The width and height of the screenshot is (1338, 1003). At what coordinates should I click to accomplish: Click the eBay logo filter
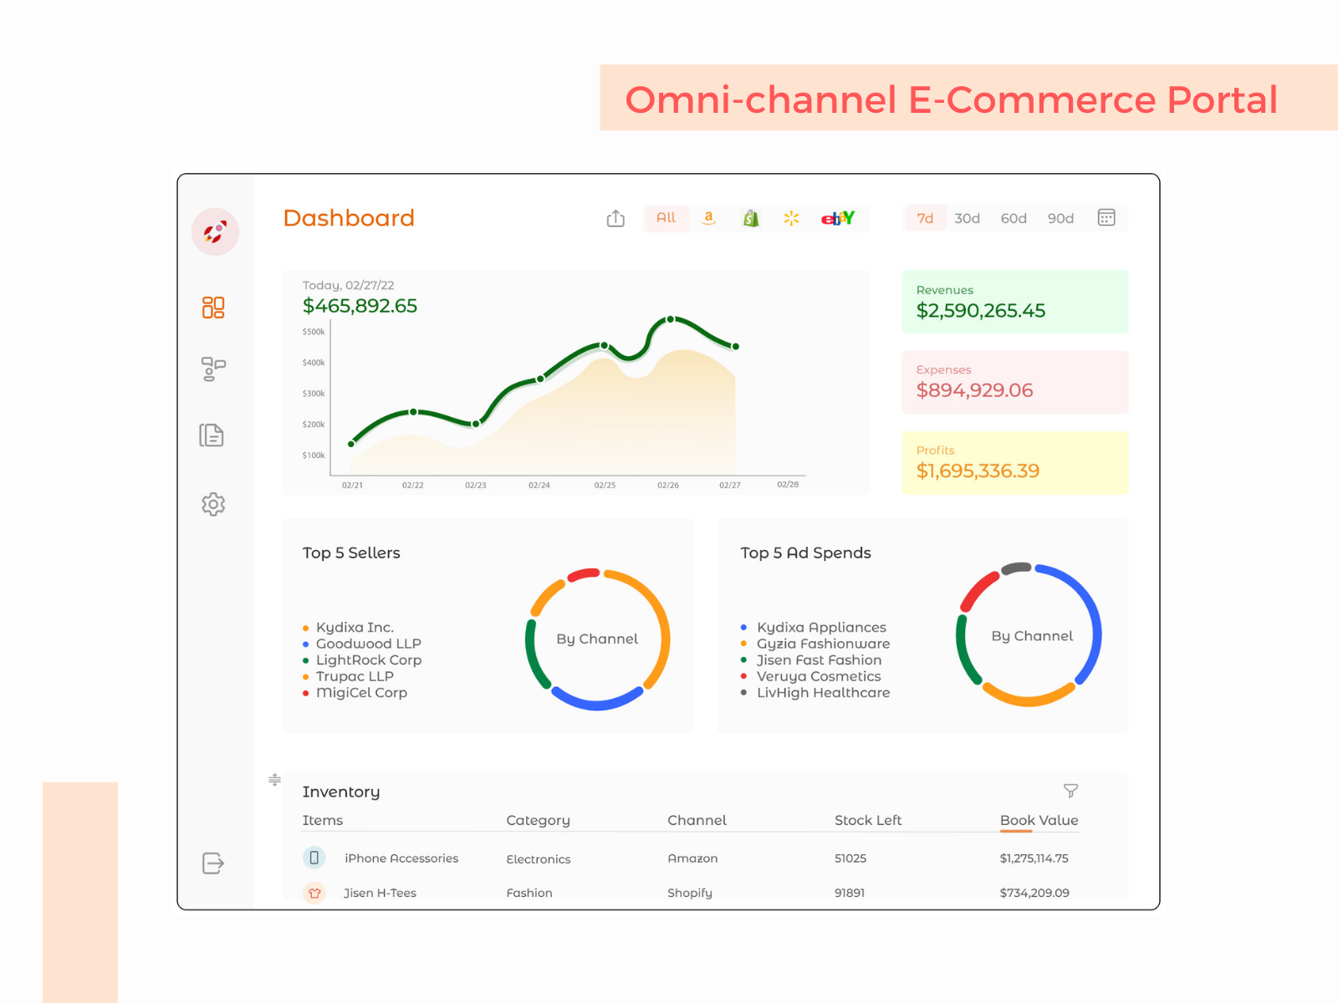point(837,218)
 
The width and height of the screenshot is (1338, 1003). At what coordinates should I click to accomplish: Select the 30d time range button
point(967,218)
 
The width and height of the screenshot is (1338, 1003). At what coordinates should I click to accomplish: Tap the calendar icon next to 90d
point(1106,217)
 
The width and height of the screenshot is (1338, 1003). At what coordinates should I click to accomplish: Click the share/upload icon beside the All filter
point(615,218)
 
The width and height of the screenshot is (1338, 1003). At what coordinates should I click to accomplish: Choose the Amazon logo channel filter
point(708,218)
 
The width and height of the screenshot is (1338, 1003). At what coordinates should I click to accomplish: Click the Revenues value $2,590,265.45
point(980,311)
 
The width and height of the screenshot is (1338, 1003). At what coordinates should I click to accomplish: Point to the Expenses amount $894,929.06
point(974,390)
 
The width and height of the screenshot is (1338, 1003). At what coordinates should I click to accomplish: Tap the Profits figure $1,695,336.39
point(978,471)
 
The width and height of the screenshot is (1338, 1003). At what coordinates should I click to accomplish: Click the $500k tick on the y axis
point(314,332)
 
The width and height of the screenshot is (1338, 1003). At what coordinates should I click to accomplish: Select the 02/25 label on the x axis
point(605,485)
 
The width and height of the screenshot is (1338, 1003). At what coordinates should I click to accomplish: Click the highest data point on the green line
point(670,319)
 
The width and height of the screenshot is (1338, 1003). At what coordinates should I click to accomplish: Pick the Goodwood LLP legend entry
point(368,644)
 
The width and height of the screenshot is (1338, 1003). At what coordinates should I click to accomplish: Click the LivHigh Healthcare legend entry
point(823,693)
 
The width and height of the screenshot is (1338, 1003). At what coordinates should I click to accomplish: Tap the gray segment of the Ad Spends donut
point(1016,568)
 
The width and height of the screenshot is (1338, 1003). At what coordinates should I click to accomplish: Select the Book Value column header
point(1039,820)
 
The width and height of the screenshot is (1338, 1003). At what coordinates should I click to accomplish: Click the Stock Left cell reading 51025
point(850,858)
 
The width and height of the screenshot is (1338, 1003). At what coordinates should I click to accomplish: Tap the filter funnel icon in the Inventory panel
point(1070,790)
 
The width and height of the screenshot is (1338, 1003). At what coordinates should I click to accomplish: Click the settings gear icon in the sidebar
point(213,504)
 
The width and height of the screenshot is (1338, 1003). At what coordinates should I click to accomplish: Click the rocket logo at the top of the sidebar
point(215,232)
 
